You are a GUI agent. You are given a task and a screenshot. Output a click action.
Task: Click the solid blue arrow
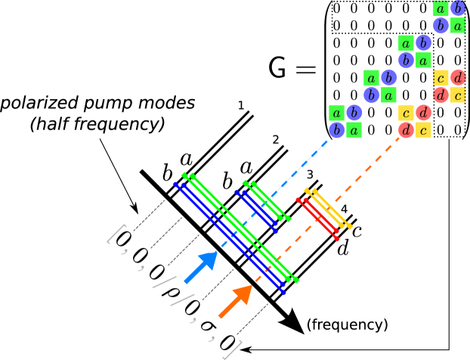[201, 266]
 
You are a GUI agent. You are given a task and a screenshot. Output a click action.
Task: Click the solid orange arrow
[235, 301]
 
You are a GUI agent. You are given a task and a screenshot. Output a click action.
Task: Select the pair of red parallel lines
[318, 219]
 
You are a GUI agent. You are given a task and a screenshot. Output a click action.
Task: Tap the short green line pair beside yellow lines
[268, 200]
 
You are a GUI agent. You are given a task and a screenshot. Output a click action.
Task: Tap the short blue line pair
[256, 210]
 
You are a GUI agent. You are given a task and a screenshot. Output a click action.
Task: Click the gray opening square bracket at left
[116, 234]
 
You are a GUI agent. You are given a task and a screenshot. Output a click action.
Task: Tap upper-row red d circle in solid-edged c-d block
[424, 113]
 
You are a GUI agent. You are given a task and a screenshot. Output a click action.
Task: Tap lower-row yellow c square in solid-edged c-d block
[424, 130]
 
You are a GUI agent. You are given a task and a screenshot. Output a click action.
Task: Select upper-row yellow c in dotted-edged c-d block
[441, 78]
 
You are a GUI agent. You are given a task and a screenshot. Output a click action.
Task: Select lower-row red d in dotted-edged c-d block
[441, 95]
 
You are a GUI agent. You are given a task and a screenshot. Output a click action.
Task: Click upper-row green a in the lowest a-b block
[336, 113]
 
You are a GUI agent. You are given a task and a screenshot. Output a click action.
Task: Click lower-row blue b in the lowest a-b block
[336, 130]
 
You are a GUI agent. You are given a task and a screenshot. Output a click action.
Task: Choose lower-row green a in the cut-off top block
[458, 25]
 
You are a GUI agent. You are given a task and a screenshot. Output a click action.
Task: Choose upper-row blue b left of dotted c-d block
[389, 78]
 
